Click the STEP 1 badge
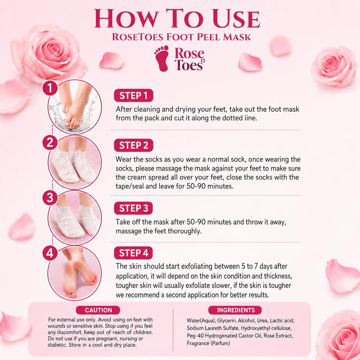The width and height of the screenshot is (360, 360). coord(133,95)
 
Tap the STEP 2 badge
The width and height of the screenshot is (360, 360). coord(133,145)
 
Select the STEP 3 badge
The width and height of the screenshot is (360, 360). coord(133,208)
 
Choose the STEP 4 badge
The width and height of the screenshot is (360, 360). coord(133,253)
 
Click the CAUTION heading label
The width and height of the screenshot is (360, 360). coord(98,310)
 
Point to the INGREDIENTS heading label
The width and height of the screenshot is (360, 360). coord(235,310)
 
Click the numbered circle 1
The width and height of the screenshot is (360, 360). coord(50,88)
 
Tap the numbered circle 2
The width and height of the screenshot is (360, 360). coord(50,142)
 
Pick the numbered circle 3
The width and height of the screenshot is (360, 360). coord(50,198)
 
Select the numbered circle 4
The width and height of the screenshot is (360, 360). coord(50,253)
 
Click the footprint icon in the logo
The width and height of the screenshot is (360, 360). coord(162,58)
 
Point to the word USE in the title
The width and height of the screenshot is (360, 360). coord(237,19)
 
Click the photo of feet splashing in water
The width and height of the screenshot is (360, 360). coord(74,107)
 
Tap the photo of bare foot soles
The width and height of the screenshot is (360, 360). coord(74,273)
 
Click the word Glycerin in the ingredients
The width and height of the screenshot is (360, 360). coord(226,321)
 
